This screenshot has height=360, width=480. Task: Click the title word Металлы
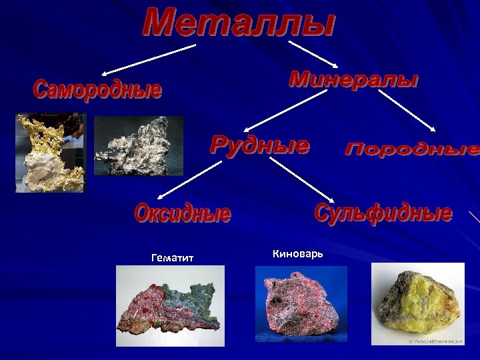pos(239,23)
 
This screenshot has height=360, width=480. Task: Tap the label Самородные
pos(97,89)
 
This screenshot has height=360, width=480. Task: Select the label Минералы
pos(353,81)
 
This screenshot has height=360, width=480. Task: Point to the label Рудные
pos(260,145)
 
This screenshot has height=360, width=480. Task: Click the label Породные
pos(412,149)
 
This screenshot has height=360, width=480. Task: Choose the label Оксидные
pos(183,214)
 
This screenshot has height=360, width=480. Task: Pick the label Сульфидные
pos(383,214)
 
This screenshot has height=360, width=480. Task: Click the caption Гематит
pos(172,257)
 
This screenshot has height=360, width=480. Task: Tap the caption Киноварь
pos(298,253)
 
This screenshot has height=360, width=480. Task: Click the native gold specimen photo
pos(51,153)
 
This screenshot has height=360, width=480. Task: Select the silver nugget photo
pos(138,146)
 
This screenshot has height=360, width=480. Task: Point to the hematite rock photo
pos(170,305)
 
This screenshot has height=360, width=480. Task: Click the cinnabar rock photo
pos(301,304)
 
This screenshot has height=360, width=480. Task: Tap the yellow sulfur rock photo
pos(417,303)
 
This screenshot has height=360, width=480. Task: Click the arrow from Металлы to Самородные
pos(149,59)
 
